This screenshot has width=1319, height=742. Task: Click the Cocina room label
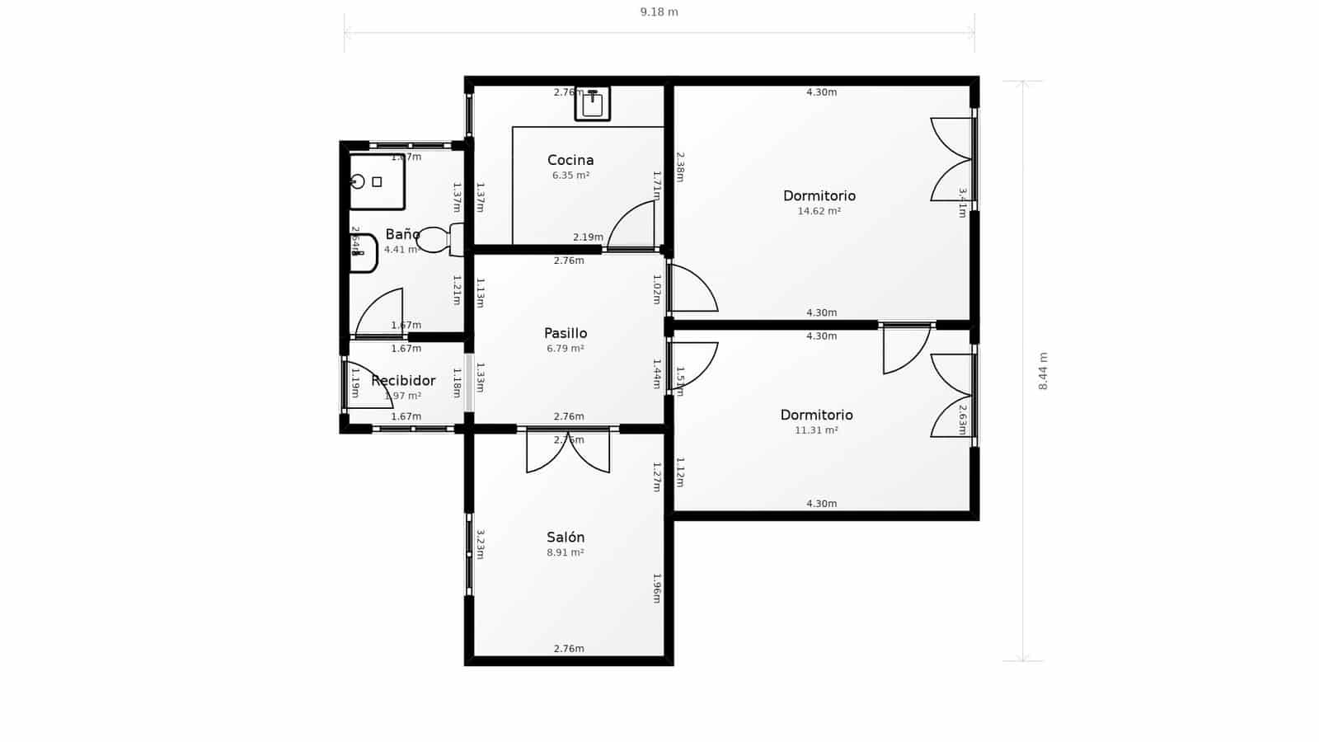click(570, 160)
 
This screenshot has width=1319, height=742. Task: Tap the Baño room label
click(402, 234)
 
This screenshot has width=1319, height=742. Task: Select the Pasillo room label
click(566, 333)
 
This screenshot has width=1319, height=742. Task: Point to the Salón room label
click(566, 538)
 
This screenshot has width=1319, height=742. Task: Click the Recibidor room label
click(403, 381)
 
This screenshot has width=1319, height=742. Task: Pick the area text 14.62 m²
click(819, 211)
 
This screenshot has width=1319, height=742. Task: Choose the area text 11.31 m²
click(816, 430)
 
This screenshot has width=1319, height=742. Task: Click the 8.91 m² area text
click(566, 552)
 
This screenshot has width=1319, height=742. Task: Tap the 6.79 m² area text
click(566, 349)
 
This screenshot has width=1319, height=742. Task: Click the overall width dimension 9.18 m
click(659, 12)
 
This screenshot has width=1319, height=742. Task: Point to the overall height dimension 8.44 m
click(1043, 371)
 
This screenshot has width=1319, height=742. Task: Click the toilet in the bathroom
click(440, 240)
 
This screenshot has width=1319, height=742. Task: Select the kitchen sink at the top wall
click(593, 104)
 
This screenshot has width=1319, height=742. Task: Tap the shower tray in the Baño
click(377, 181)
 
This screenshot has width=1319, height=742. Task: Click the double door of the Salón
click(568, 452)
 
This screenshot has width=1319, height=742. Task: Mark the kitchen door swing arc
click(630, 224)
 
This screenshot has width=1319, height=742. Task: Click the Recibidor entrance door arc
click(368, 385)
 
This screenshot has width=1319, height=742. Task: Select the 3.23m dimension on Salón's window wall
click(480, 545)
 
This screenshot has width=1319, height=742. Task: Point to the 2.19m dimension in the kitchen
click(588, 237)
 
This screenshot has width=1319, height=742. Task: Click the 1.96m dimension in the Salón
click(657, 588)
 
